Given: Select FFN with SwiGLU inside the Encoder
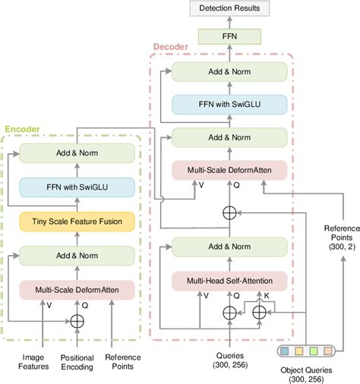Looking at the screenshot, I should tap(77, 187).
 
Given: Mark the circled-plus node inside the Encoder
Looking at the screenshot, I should tap(77, 319).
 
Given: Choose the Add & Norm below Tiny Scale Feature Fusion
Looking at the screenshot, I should tap(77, 254).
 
